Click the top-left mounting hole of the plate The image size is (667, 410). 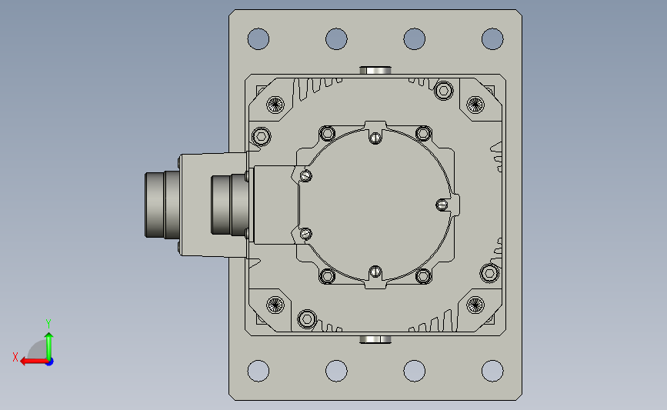pos(258,39)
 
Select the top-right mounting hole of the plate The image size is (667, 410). pos(492,39)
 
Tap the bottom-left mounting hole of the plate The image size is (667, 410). pos(258,371)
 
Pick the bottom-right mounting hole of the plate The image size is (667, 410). pos(492,371)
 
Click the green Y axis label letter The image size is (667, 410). pos(48,324)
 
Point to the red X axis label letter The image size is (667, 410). pos(15,357)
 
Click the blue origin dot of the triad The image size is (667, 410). pos(50,362)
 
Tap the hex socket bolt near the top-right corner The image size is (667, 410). pos(444,91)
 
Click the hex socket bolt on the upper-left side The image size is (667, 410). pos(262,136)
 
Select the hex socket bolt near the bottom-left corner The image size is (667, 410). pos(307,319)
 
